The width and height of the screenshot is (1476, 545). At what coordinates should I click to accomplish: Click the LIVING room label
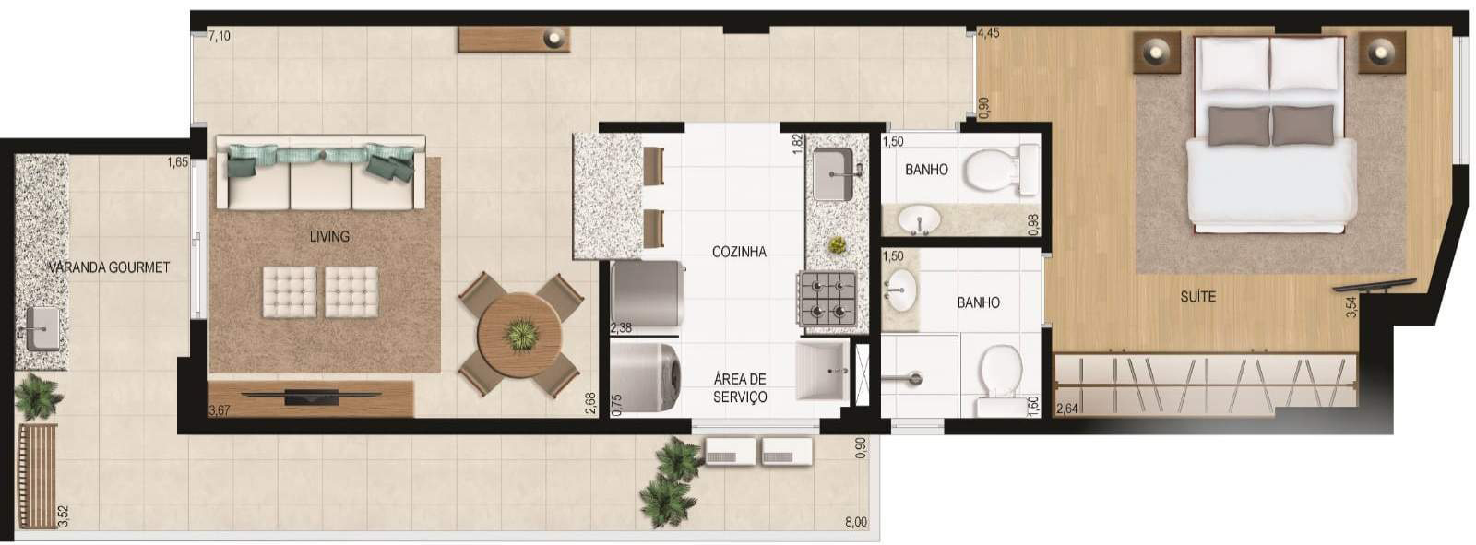pyautogui.click(x=329, y=236)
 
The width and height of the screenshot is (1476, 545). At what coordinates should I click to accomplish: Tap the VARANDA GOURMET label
pyautogui.click(x=109, y=267)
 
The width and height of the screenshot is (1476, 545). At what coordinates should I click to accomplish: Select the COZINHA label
pyautogui.click(x=739, y=251)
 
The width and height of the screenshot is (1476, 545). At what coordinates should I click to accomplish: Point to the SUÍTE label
pyautogui.click(x=1198, y=297)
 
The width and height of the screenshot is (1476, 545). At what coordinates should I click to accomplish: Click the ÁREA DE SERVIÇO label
pyautogui.click(x=740, y=387)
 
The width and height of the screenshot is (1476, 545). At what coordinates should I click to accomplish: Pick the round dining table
pyautogui.click(x=520, y=335)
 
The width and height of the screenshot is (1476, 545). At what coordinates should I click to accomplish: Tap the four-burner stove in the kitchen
pyautogui.click(x=828, y=300)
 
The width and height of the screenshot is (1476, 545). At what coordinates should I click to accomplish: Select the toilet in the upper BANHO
pyautogui.click(x=1000, y=170)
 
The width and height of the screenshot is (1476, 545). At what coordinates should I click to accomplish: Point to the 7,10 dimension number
pyautogui.click(x=220, y=36)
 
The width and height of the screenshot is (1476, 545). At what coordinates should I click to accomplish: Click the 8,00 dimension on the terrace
pyautogui.click(x=856, y=522)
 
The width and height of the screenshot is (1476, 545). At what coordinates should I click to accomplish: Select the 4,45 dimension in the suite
pyautogui.click(x=988, y=33)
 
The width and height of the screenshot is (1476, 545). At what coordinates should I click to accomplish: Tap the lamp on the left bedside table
pyautogui.click(x=1157, y=50)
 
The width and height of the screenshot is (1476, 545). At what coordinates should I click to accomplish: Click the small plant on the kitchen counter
pyautogui.click(x=837, y=245)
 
